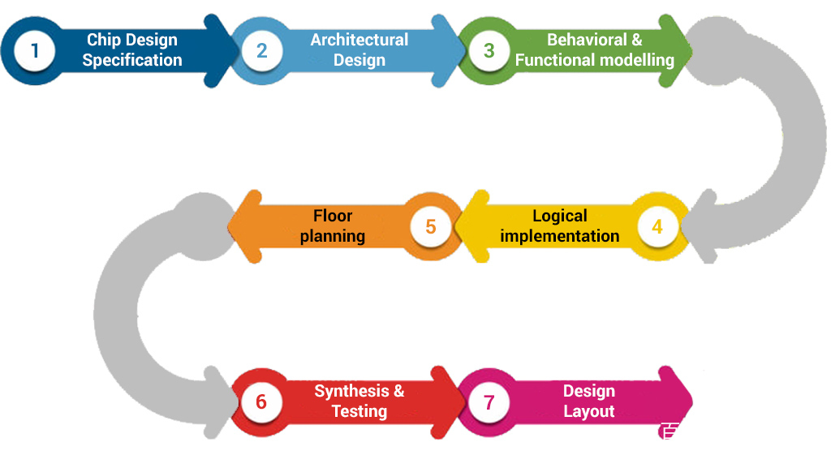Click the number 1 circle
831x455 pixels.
(x=34, y=50)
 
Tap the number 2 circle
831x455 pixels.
(x=261, y=50)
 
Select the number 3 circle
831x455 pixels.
(x=489, y=50)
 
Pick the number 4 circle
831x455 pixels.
(x=657, y=226)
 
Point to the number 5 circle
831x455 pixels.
(x=430, y=226)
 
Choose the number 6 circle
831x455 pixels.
(x=260, y=401)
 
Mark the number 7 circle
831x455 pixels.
(x=489, y=401)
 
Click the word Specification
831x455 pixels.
(x=132, y=60)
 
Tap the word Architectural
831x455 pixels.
(x=359, y=40)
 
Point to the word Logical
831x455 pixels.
(x=560, y=216)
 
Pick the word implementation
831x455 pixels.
(x=560, y=236)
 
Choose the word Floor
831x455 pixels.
(x=333, y=216)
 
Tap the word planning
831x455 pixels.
(x=333, y=236)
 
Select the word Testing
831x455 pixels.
(x=360, y=411)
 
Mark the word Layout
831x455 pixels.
(x=589, y=411)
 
